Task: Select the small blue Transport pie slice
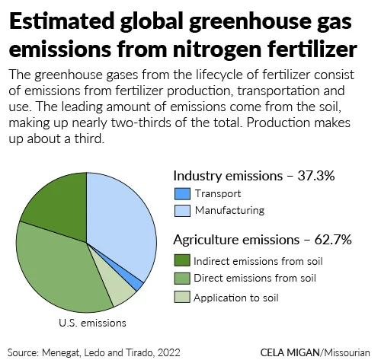click(138, 284)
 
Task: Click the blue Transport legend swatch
click(181, 193)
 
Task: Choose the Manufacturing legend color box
click(181, 210)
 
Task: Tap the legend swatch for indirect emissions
click(181, 260)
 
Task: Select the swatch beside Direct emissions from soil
click(181, 278)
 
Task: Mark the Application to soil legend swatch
click(181, 296)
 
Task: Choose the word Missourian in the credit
click(347, 352)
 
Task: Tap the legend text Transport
click(217, 193)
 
